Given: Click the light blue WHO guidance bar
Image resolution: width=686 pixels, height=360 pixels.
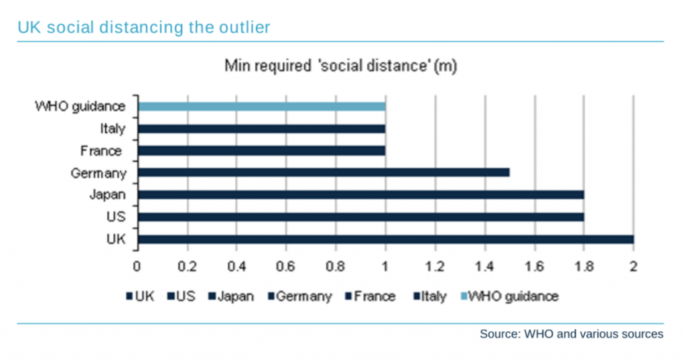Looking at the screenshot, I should tap(261, 106).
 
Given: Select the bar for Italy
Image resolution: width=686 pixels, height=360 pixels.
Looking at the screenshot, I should tap(261, 128).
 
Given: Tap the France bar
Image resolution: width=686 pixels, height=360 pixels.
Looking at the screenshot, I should tap(261, 150).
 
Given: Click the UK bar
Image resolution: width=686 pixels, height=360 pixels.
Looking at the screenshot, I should tap(385, 239).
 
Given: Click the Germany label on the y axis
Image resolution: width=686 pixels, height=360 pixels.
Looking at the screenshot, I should tap(98, 174).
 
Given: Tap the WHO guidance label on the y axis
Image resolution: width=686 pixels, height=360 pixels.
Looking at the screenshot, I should tap(80, 106).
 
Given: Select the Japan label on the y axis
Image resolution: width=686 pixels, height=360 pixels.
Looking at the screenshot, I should tap(107, 195).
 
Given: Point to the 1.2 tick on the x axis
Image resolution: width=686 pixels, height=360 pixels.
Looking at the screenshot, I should tap(435, 265).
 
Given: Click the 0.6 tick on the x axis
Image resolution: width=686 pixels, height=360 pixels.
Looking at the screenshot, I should tap(286, 265).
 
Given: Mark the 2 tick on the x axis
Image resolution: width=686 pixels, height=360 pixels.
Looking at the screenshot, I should tap(633, 265).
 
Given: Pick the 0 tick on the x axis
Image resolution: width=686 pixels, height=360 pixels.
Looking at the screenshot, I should tap(137, 265).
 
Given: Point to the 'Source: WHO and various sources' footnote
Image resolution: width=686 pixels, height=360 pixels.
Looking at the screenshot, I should tap(571, 333).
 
